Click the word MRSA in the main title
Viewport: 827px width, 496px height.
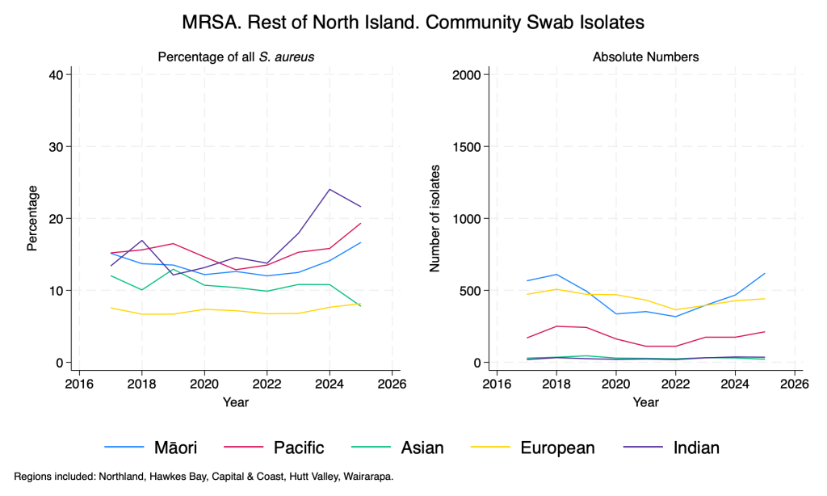(x=212, y=23)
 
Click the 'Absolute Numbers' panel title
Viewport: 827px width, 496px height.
(x=645, y=57)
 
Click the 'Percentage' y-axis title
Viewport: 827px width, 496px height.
(x=33, y=218)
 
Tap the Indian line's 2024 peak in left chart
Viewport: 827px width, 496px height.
(x=330, y=189)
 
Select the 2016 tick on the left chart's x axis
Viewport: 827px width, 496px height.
(x=78, y=382)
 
